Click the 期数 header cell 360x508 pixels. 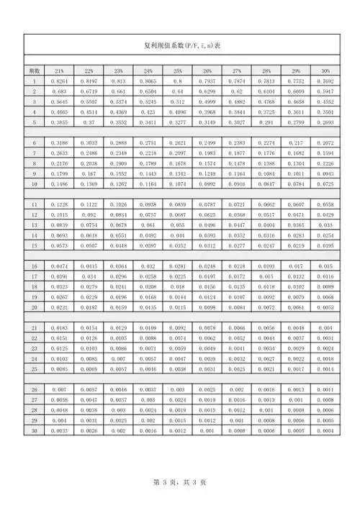(34, 71)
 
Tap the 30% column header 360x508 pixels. (325, 71)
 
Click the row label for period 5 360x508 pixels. (34, 122)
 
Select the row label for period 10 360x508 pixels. (34, 184)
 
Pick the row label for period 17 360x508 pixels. (34, 276)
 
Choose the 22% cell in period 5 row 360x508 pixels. (89, 122)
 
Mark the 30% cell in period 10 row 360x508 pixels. (325, 184)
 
